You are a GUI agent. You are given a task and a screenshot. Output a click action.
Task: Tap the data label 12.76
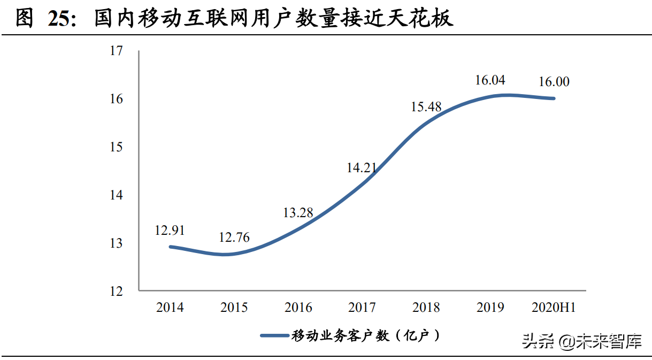[x=234, y=238]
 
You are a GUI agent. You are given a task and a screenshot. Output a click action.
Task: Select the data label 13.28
[x=298, y=213]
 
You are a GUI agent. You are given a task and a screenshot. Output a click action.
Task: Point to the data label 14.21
[x=362, y=168]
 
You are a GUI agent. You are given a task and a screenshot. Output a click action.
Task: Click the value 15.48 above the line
[x=426, y=106]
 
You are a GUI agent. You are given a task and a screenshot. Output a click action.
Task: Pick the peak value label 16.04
[x=490, y=80]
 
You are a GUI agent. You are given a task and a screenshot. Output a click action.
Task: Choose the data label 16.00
[x=554, y=82]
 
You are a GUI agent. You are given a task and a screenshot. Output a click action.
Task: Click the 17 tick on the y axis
[x=116, y=51]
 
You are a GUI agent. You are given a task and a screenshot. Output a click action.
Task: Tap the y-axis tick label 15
[x=116, y=147]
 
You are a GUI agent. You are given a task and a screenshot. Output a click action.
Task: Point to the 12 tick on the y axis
[x=116, y=292]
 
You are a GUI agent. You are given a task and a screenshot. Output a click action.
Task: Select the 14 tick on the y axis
[x=116, y=195]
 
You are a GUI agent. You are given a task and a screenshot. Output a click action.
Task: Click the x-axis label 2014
[x=170, y=308]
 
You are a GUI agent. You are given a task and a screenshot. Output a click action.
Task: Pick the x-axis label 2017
[x=362, y=308]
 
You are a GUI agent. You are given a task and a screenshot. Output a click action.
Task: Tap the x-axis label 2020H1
[x=554, y=308]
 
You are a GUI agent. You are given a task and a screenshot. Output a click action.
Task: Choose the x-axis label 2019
[x=490, y=308]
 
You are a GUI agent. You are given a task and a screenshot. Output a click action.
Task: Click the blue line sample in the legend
[x=275, y=336]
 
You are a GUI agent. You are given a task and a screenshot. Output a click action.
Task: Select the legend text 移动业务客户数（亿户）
[x=367, y=336]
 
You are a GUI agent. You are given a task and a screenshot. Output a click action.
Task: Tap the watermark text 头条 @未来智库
[x=581, y=341]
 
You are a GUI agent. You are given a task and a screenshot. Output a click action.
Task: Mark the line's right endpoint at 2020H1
[x=554, y=98]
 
